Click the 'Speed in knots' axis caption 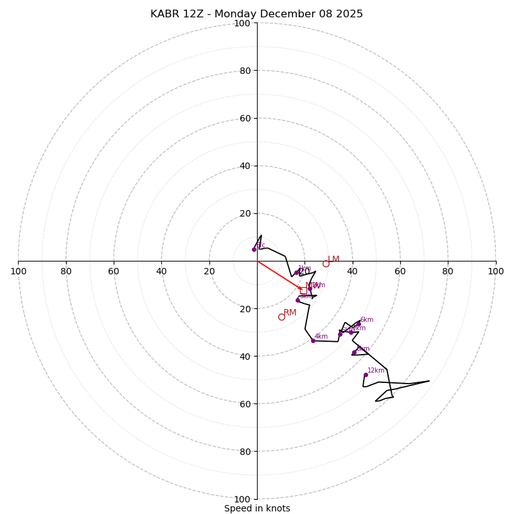[x=257, y=508]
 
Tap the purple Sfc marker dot [x=254, y=249]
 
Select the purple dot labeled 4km [x=313, y=341]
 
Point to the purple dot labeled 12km [x=366, y=375]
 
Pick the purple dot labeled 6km [x=359, y=324]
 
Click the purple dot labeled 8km [x=353, y=352]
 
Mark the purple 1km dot [x=296, y=273]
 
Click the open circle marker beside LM [x=326, y=263]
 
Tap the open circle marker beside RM [x=281, y=317]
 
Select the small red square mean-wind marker [x=303, y=290]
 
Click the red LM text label [x=333, y=260]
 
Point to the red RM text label [x=290, y=313]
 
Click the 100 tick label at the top [x=242, y=23]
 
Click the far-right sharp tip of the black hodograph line [x=429, y=381]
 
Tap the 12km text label [x=376, y=371]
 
